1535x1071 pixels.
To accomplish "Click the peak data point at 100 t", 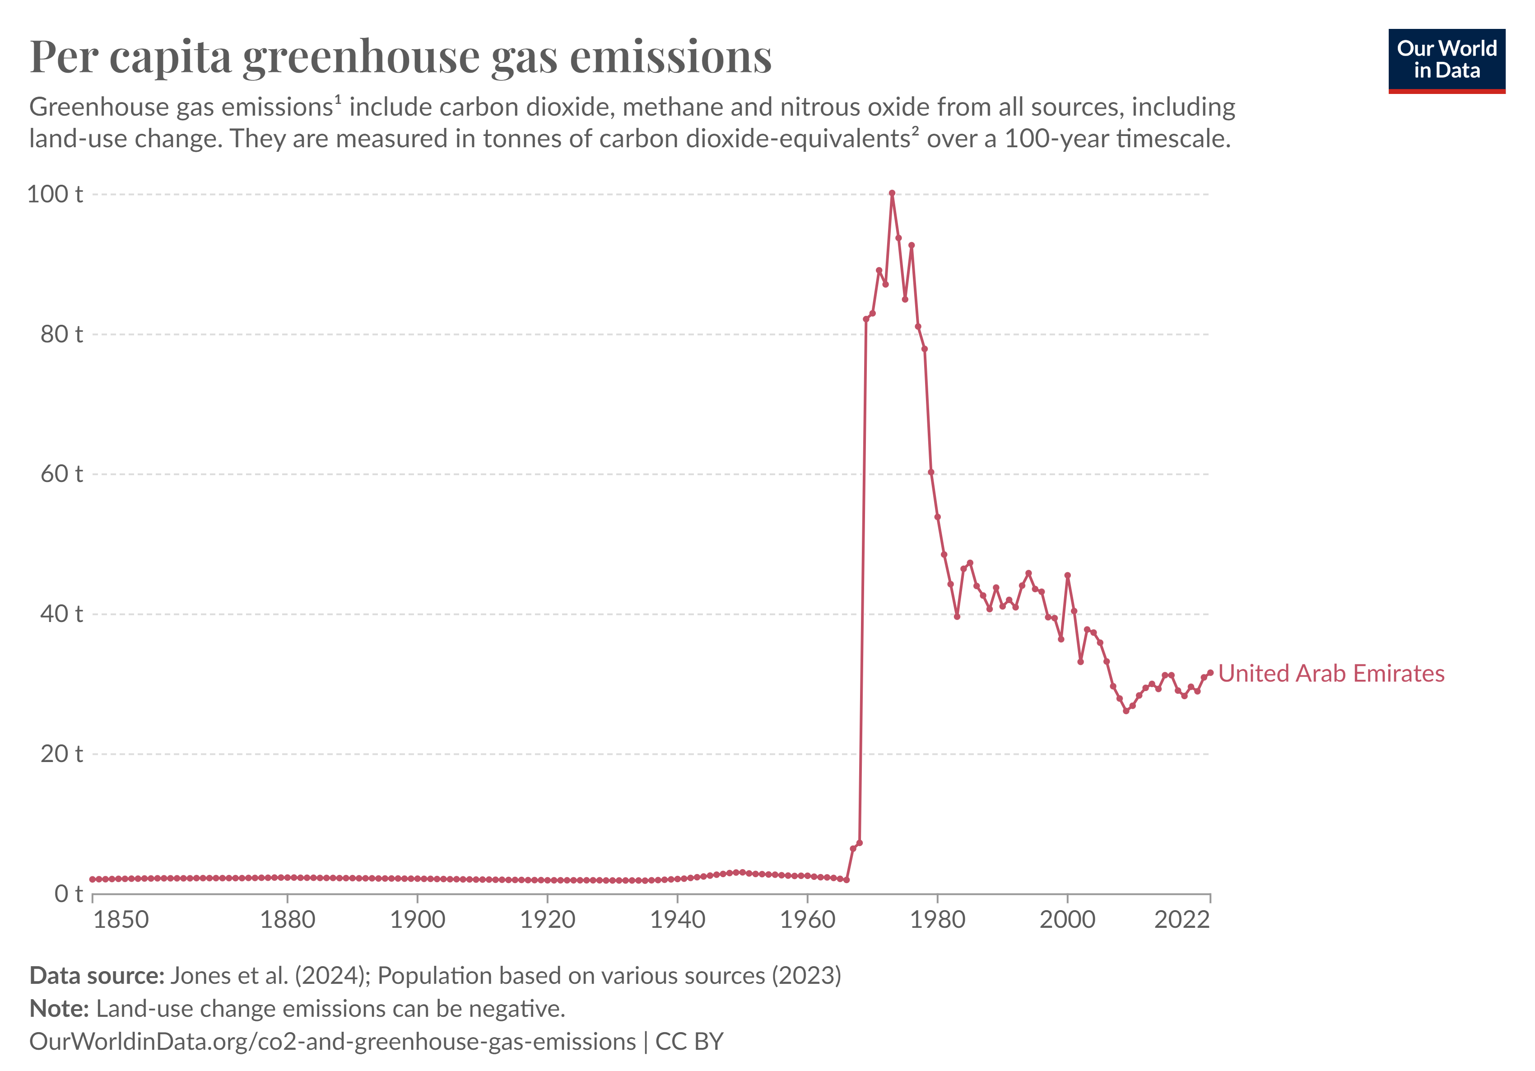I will pyautogui.click(x=892, y=193).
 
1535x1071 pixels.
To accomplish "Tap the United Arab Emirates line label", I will pyautogui.click(x=1330, y=673).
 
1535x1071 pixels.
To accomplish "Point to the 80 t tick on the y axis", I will pyautogui.click(x=61, y=334).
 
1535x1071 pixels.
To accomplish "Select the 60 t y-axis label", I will pyautogui.click(x=61, y=474).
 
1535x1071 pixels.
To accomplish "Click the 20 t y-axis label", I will pyautogui.click(x=61, y=753).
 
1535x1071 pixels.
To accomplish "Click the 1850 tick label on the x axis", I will pyautogui.click(x=121, y=920).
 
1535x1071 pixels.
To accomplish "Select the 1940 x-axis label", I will pyautogui.click(x=677, y=920).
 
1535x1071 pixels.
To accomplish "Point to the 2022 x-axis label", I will pyautogui.click(x=1182, y=920).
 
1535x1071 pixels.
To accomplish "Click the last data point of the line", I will pyautogui.click(x=1210, y=673).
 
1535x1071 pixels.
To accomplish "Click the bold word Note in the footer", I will pyautogui.click(x=59, y=1008).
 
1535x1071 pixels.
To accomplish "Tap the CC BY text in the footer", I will pyautogui.click(x=689, y=1042).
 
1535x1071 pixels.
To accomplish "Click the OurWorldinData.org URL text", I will pyautogui.click(x=332, y=1042).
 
